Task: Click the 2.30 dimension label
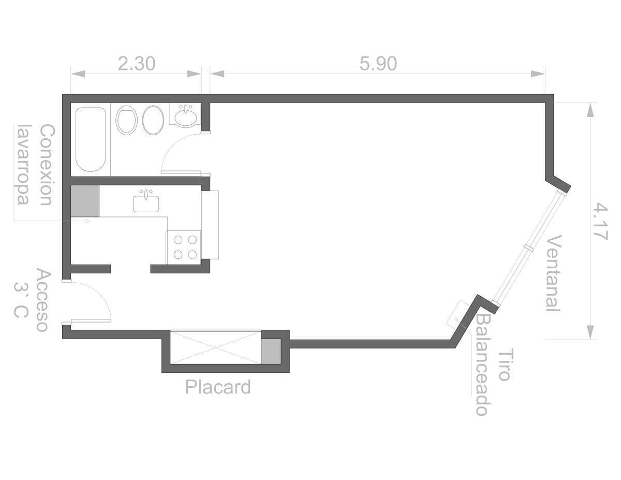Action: coord(136,64)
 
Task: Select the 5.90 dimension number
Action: coord(378,64)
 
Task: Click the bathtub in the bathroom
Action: coord(91,139)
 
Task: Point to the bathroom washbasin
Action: coord(185,116)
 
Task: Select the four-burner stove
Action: coord(184,248)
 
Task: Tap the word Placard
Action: coord(218,387)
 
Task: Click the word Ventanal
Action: coord(554,273)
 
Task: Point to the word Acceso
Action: coord(43,300)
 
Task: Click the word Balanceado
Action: coord(483,365)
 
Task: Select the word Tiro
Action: coord(506,364)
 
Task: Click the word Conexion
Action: coord(46,165)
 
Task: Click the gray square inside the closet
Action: coord(271,351)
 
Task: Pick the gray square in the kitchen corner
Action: coord(85,201)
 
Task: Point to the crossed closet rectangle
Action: coord(215,347)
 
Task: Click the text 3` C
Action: coord(21,300)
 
